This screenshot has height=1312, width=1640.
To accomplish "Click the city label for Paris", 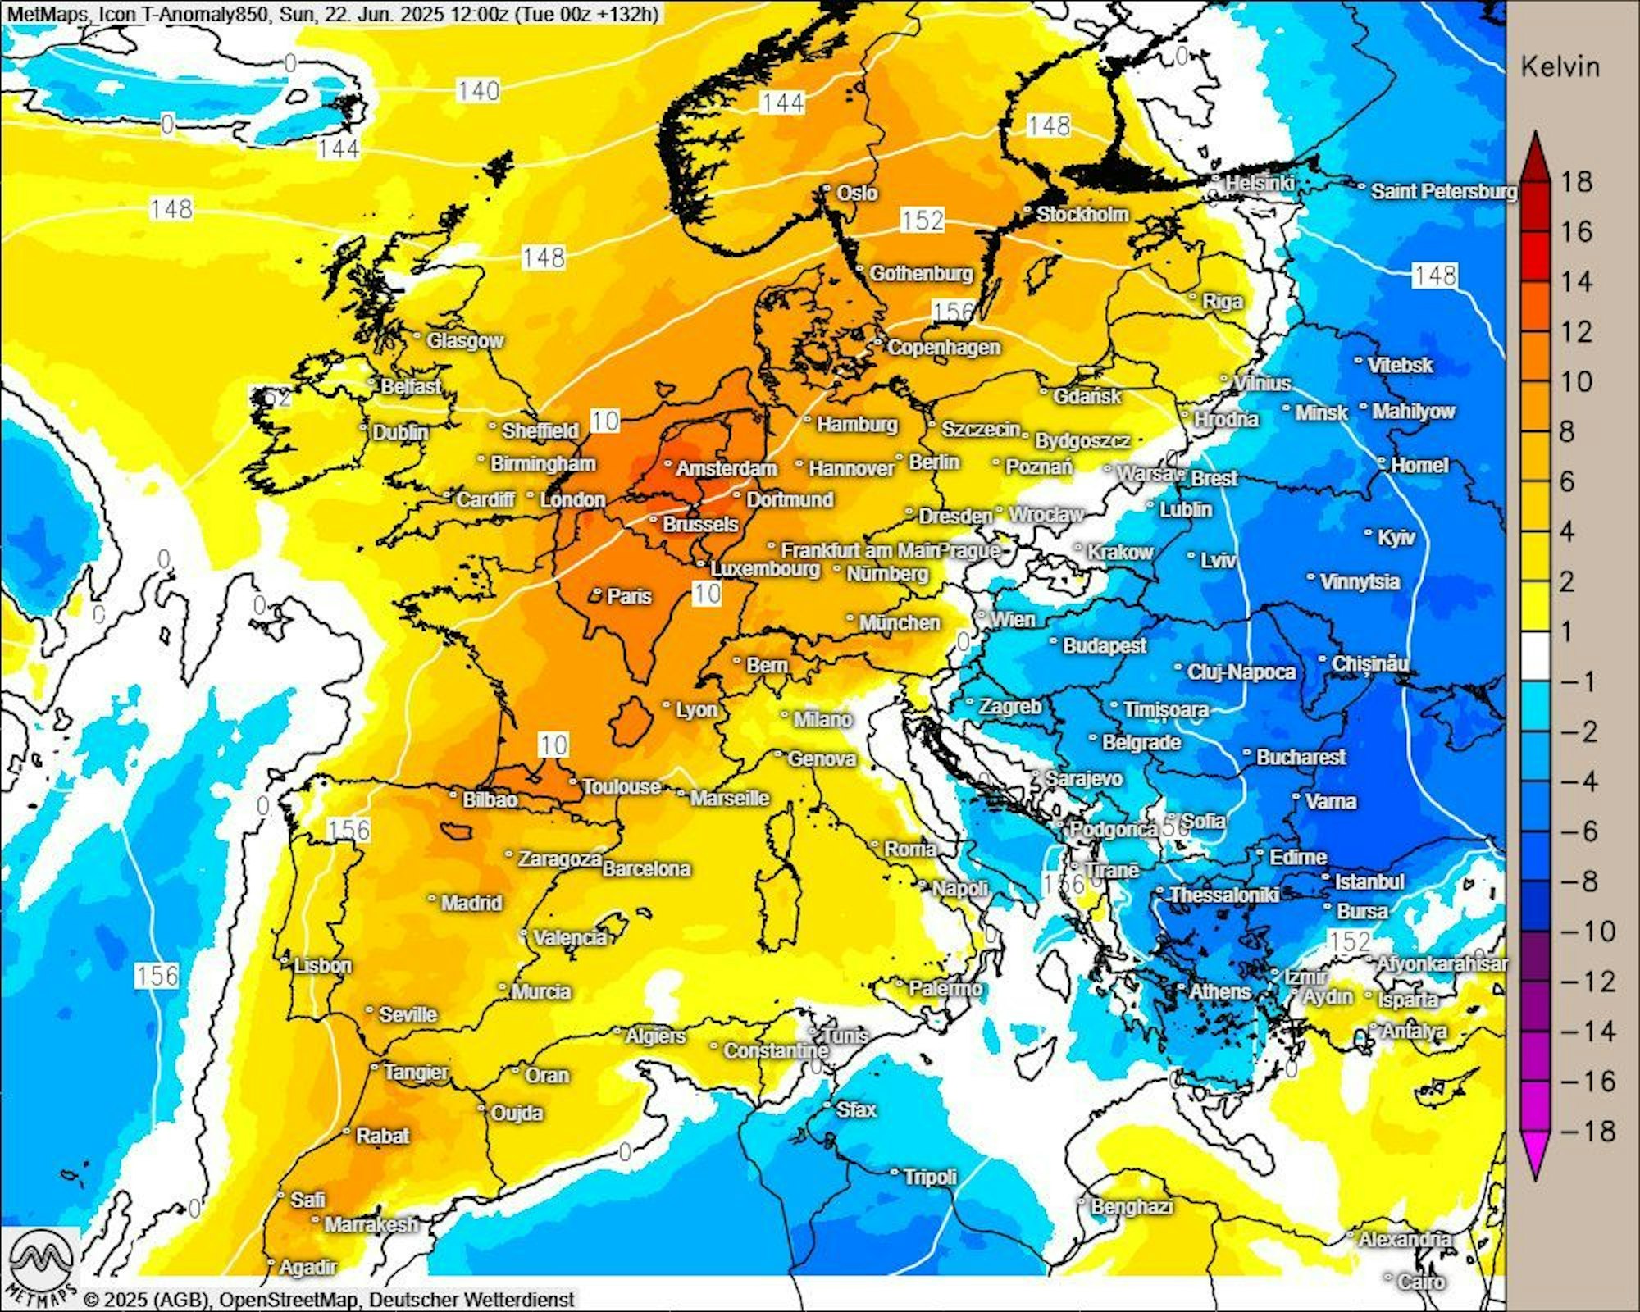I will click(629, 596).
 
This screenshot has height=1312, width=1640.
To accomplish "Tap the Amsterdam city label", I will click(726, 469).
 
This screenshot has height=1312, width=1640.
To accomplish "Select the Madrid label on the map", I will click(471, 904).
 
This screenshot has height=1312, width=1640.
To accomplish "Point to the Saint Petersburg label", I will click(1443, 192).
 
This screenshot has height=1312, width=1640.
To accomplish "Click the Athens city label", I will click(1219, 992).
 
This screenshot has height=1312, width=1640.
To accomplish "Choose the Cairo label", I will click(1421, 1281).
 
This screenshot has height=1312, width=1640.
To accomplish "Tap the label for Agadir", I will click(307, 1268).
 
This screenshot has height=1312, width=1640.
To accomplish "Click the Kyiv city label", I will click(1396, 538).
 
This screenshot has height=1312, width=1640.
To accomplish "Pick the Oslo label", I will click(856, 194).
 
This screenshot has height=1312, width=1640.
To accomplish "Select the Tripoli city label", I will click(930, 1177).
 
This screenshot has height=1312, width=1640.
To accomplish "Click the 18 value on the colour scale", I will click(1576, 182).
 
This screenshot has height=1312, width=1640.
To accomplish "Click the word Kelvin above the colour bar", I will click(1560, 67).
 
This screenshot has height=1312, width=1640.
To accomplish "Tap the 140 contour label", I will click(478, 90).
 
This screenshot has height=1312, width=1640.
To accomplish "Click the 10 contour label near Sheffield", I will click(605, 421).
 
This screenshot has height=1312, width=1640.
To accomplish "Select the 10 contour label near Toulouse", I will click(553, 745).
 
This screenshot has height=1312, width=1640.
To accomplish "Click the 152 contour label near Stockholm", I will click(922, 220).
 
